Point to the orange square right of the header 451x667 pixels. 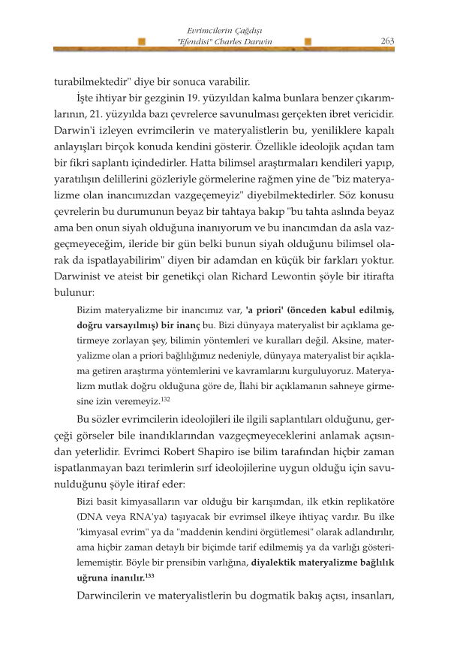[309, 43]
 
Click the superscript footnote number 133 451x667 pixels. [149, 575]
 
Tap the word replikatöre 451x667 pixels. [369, 499]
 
